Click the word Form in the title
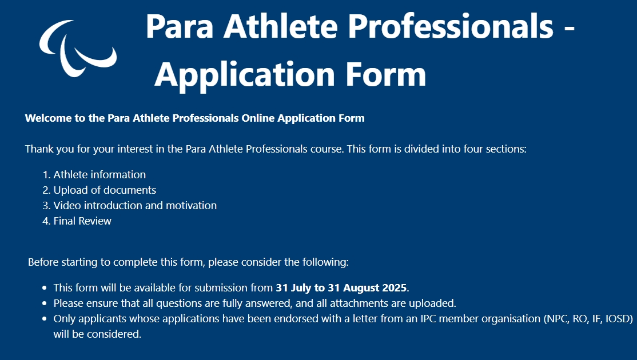pyautogui.click(x=386, y=75)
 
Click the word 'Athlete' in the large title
pyautogui.click(x=280, y=26)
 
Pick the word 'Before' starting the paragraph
pyautogui.click(x=43, y=262)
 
